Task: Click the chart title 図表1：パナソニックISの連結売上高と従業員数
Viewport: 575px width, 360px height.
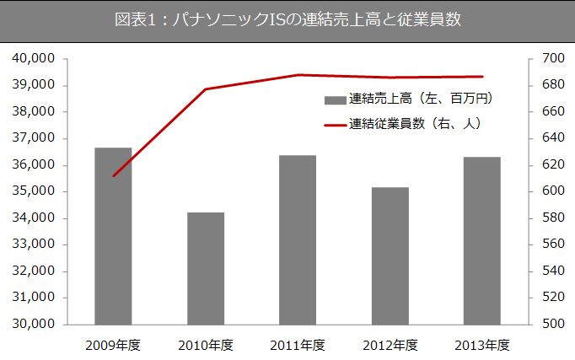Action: [x=287, y=19]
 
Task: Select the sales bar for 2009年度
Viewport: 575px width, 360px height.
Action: [x=113, y=236]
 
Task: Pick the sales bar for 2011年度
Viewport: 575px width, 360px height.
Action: [x=298, y=239]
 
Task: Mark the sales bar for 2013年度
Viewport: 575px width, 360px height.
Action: [x=482, y=240]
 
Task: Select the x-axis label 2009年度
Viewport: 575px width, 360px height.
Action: [x=113, y=345]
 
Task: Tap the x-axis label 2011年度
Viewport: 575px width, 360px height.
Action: [x=298, y=345]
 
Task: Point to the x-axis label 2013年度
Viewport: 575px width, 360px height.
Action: [x=482, y=345]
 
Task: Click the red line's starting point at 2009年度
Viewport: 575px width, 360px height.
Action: [x=114, y=175]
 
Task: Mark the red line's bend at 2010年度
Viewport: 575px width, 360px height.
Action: [x=206, y=89]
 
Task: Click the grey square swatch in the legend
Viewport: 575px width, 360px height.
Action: [x=334, y=99]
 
